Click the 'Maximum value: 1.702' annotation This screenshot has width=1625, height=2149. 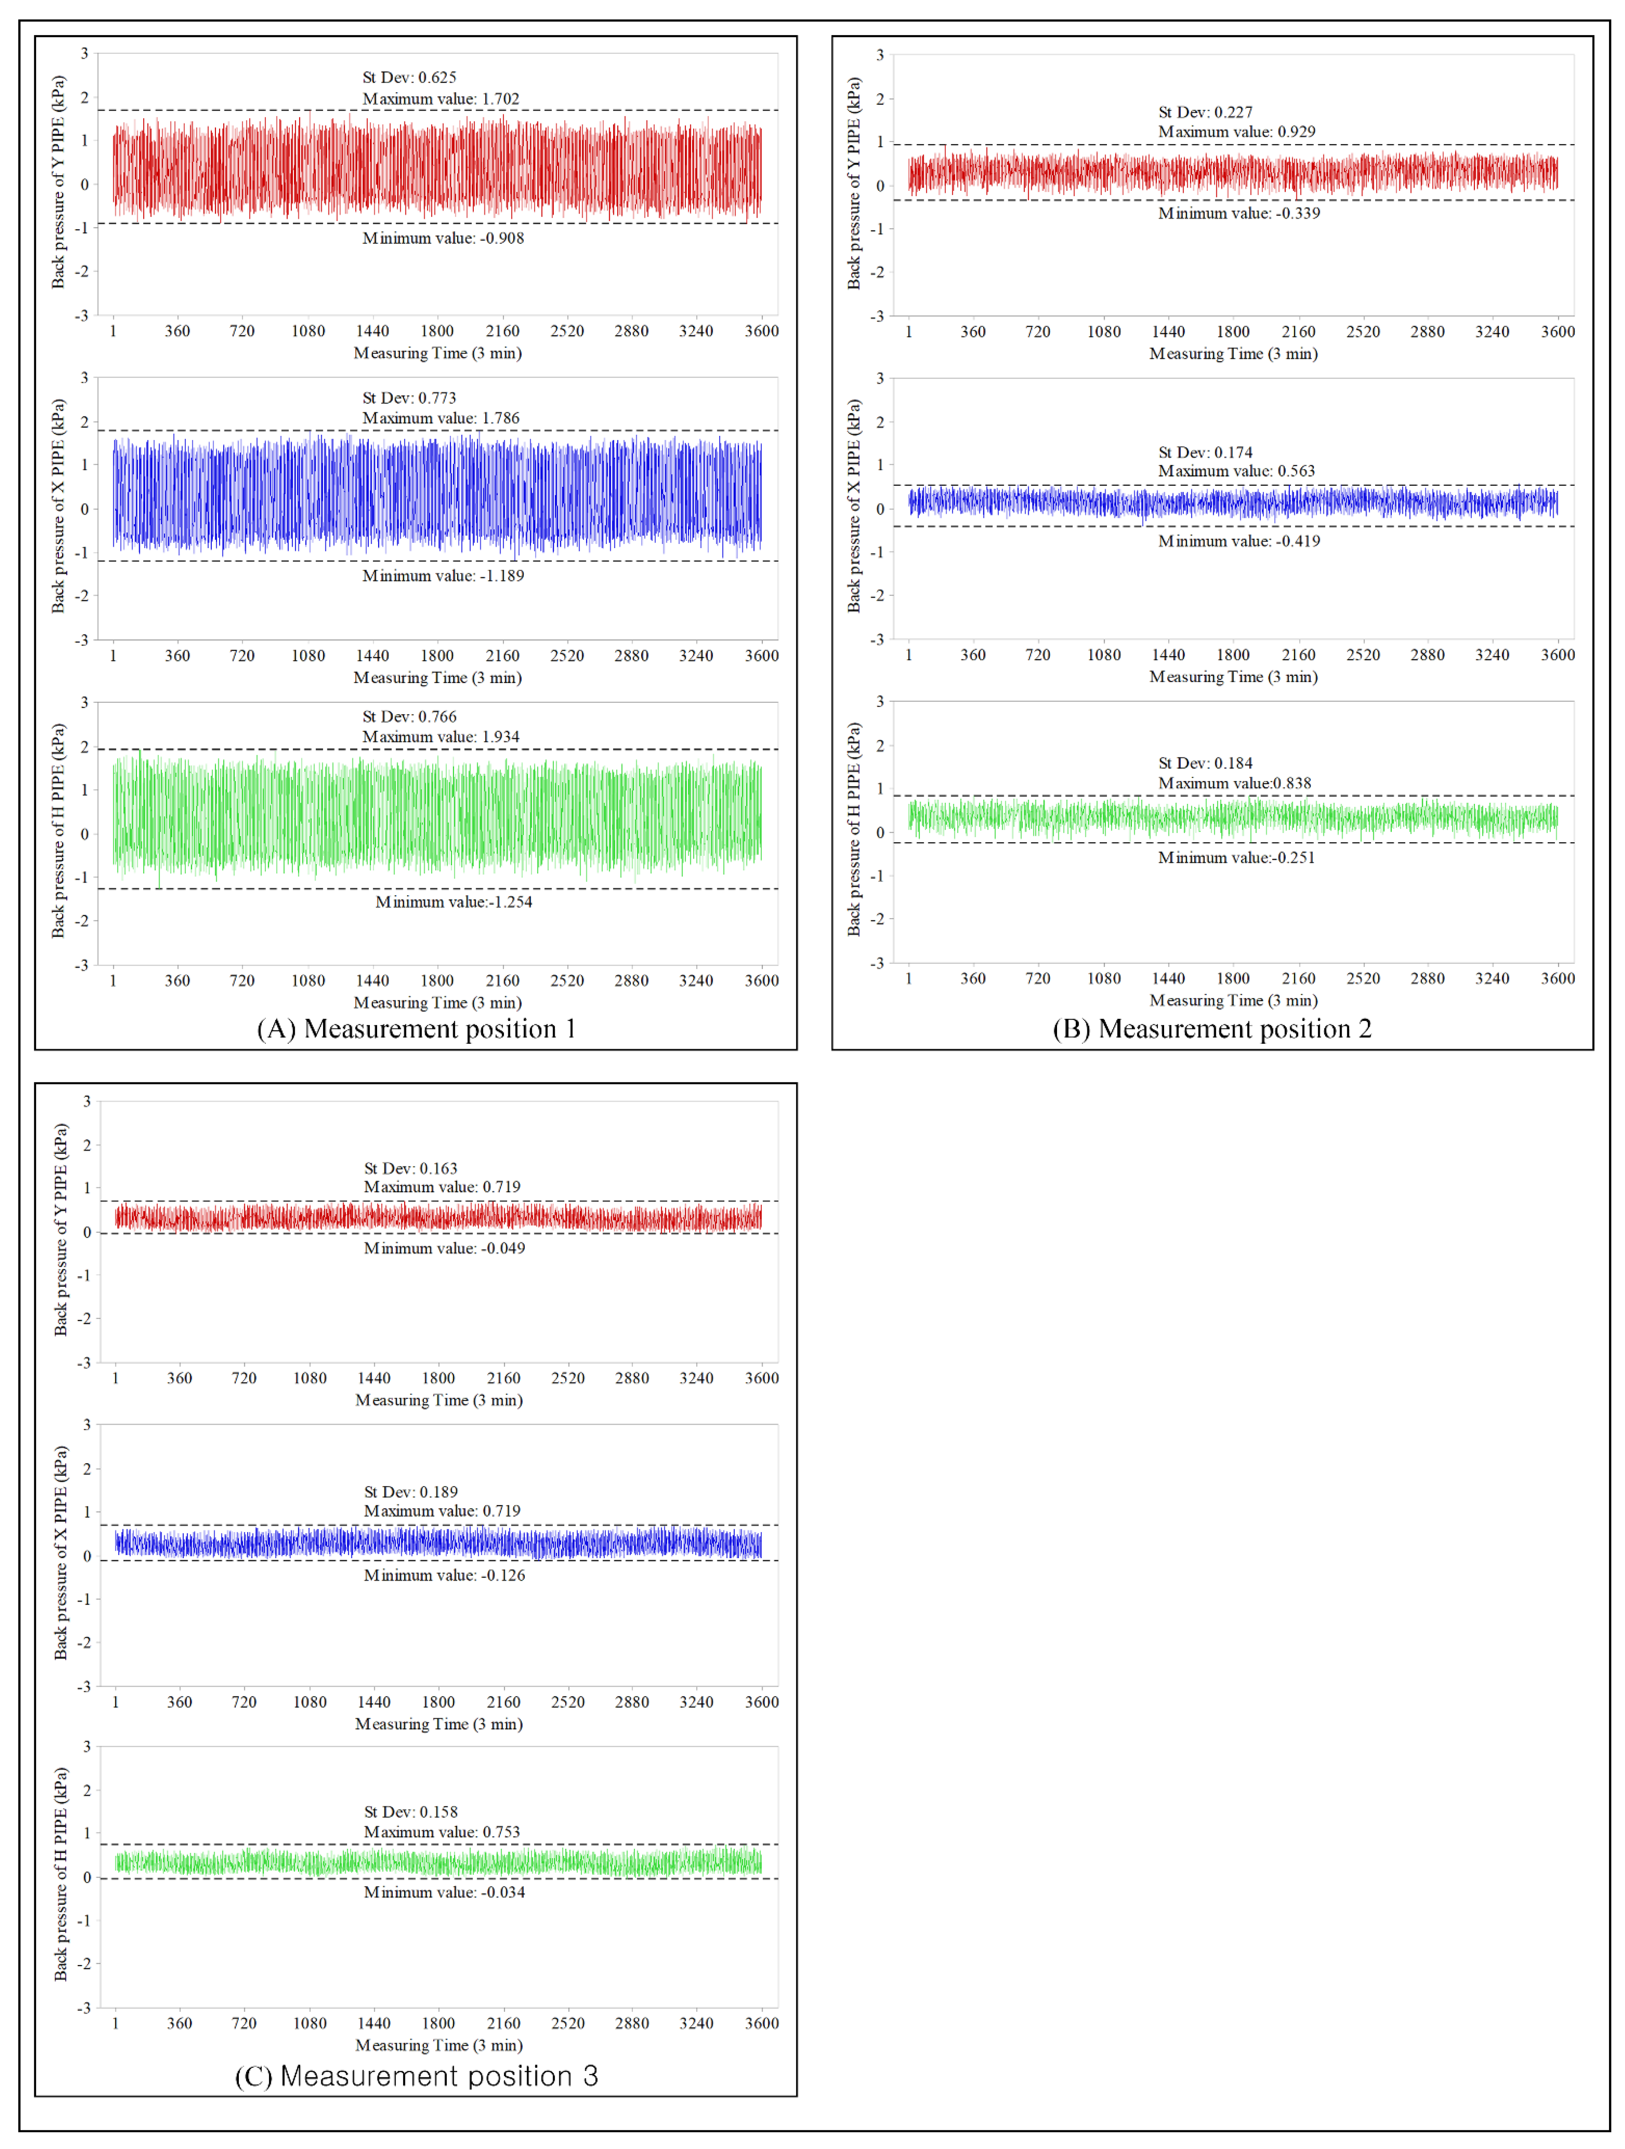pos(441,99)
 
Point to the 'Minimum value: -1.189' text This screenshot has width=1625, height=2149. pos(443,576)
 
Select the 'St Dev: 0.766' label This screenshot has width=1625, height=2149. pos(409,717)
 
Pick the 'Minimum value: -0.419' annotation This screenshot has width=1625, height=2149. pos(1238,541)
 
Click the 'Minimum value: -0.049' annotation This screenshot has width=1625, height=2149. pos(444,1248)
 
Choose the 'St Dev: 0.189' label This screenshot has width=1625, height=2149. pos(411,1492)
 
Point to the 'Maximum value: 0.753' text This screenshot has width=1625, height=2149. pos(442,1832)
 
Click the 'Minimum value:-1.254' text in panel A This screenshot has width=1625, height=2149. pos(454,902)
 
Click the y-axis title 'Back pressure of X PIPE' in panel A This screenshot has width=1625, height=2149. pos(58,506)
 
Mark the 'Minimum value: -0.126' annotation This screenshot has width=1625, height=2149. pos(444,1576)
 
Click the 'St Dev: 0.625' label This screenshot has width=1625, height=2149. pos(409,78)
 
